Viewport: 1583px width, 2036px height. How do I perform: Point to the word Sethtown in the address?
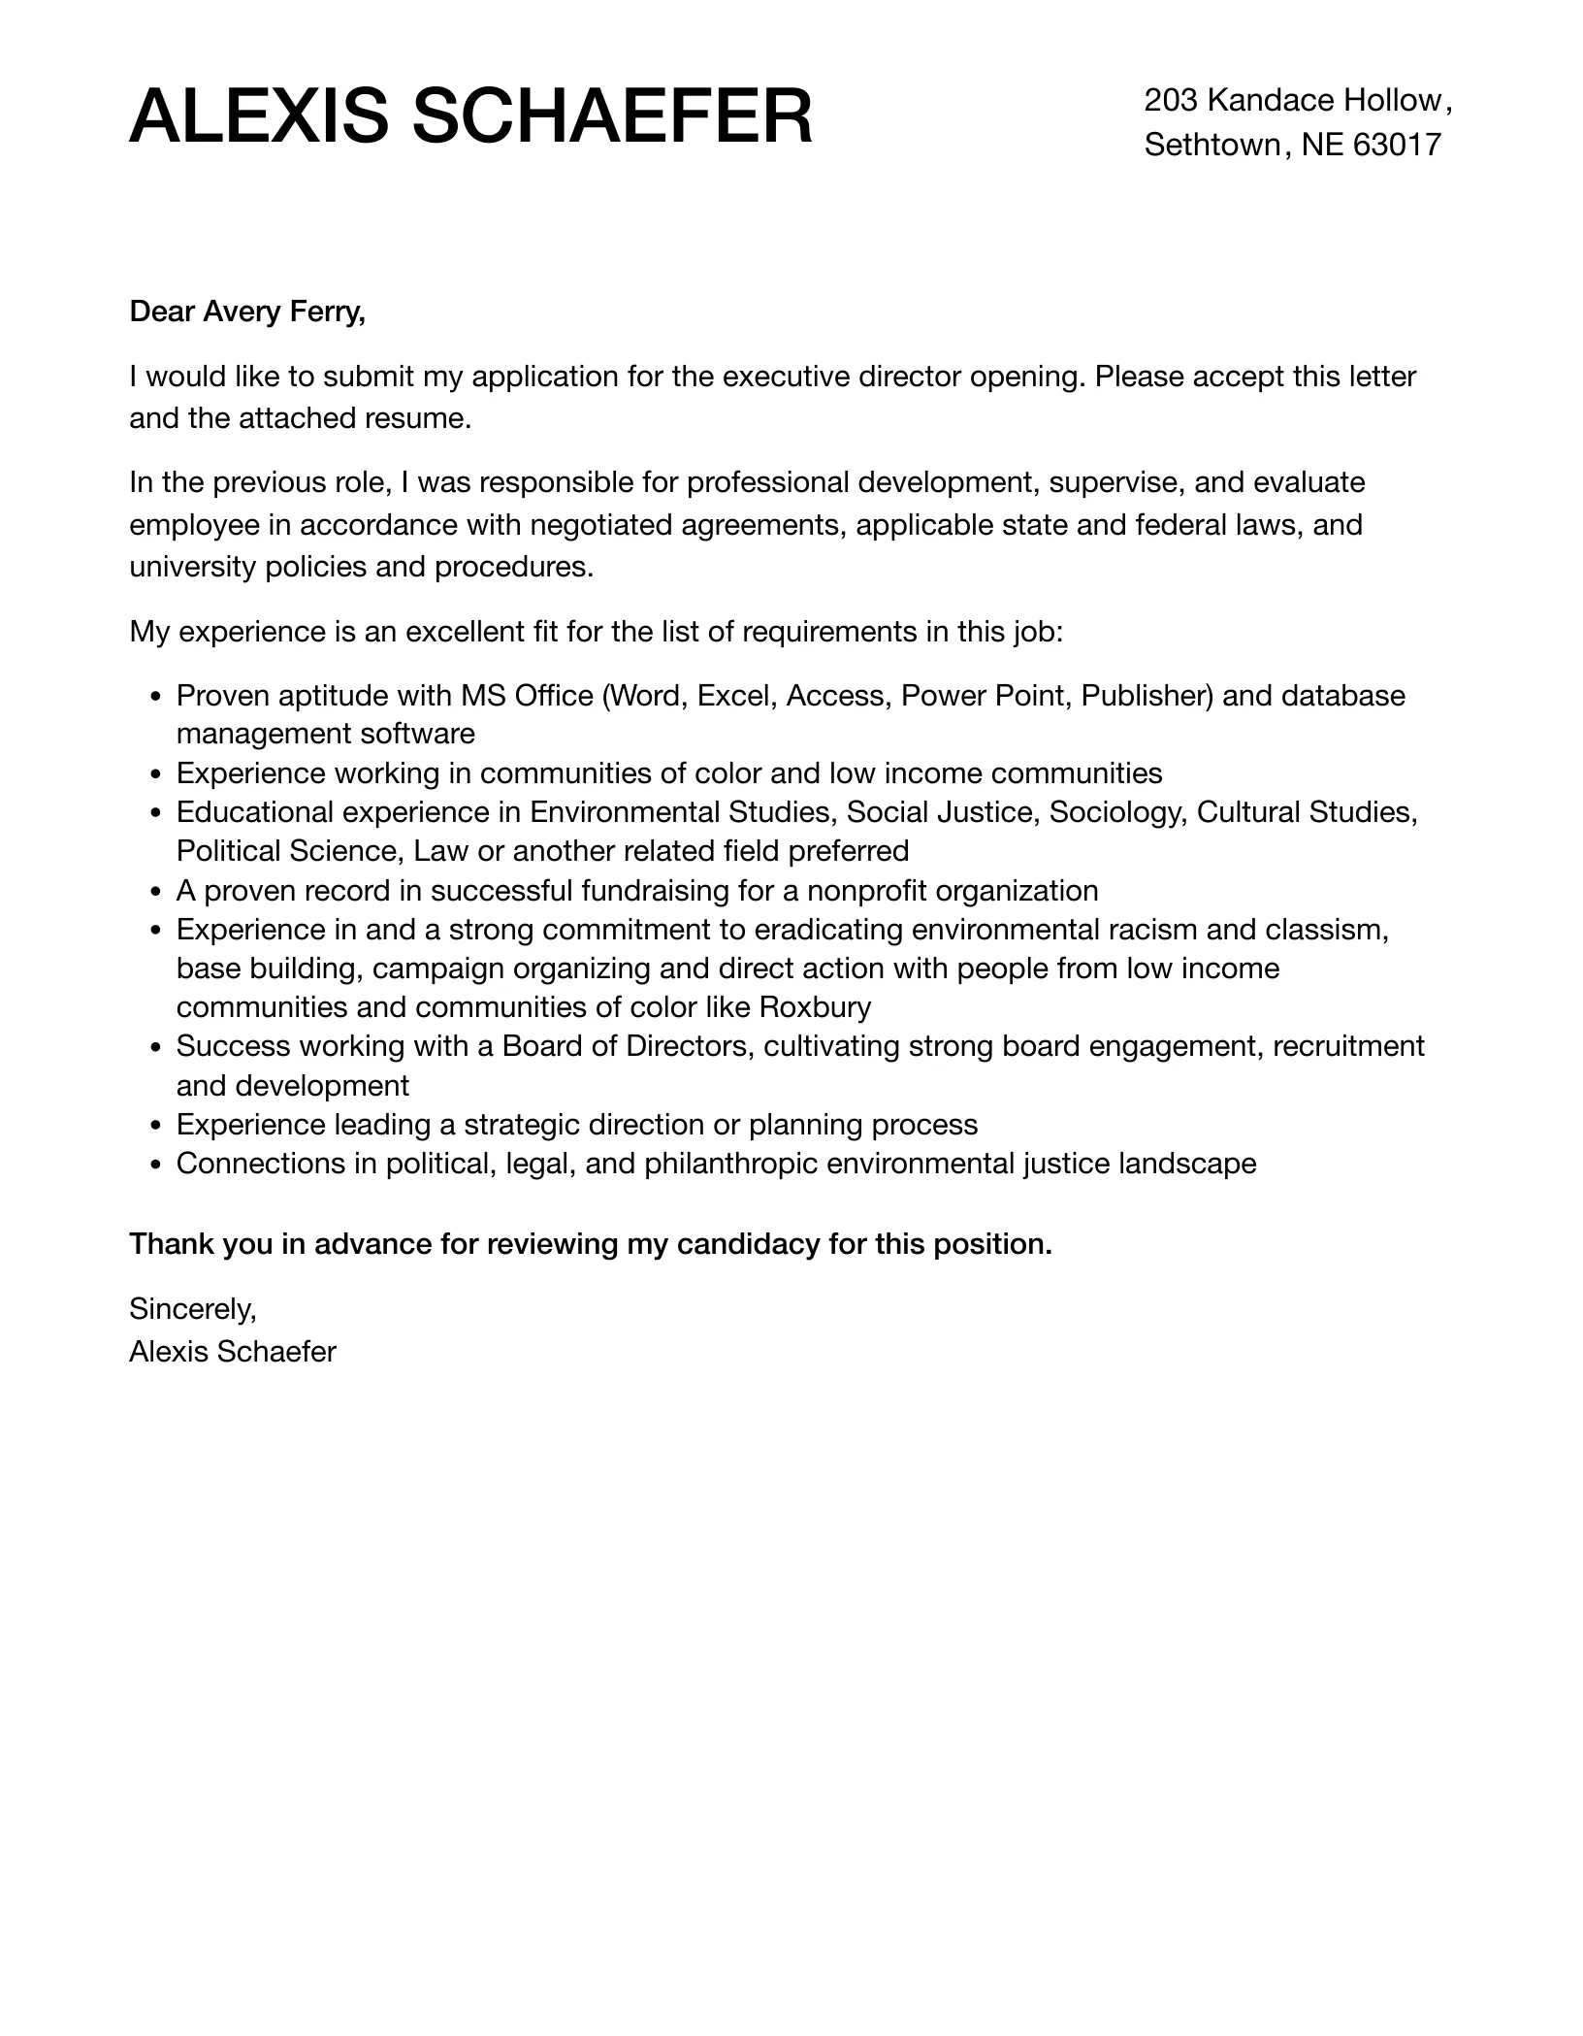[x=1212, y=146]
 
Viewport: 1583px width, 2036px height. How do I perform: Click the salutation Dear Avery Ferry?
[x=247, y=312]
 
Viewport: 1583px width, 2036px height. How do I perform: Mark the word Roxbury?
[x=815, y=1007]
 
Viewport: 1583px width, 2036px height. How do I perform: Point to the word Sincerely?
[x=192, y=1309]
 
